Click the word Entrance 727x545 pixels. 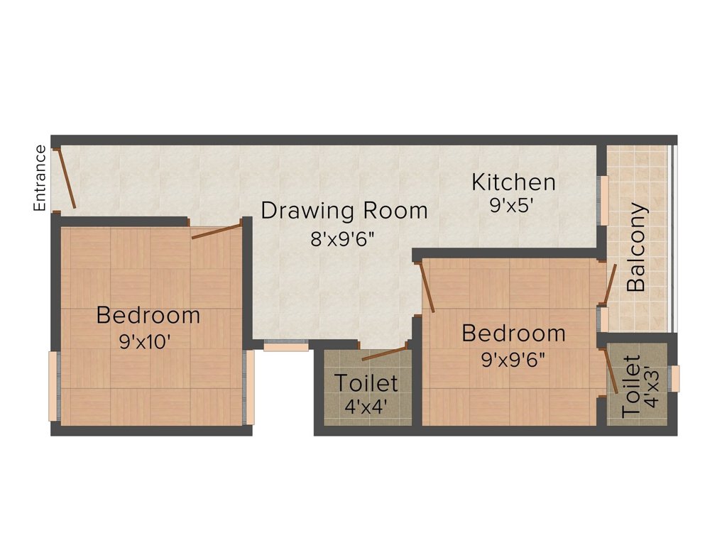click(40, 178)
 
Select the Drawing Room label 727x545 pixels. click(344, 211)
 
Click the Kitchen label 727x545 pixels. click(513, 182)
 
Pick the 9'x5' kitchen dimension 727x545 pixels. click(511, 206)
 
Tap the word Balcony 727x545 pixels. click(637, 248)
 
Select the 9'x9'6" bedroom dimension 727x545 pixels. click(513, 360)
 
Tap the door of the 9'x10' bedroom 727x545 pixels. click(217, 231)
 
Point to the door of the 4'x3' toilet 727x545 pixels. click(611, 370)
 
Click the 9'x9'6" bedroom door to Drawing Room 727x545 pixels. click(427, 287)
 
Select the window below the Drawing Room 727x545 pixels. click(286, 346)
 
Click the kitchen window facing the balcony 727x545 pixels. click(604, 190)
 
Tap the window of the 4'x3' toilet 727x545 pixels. click(674, 378)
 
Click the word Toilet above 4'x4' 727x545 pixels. click(366, 383)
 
